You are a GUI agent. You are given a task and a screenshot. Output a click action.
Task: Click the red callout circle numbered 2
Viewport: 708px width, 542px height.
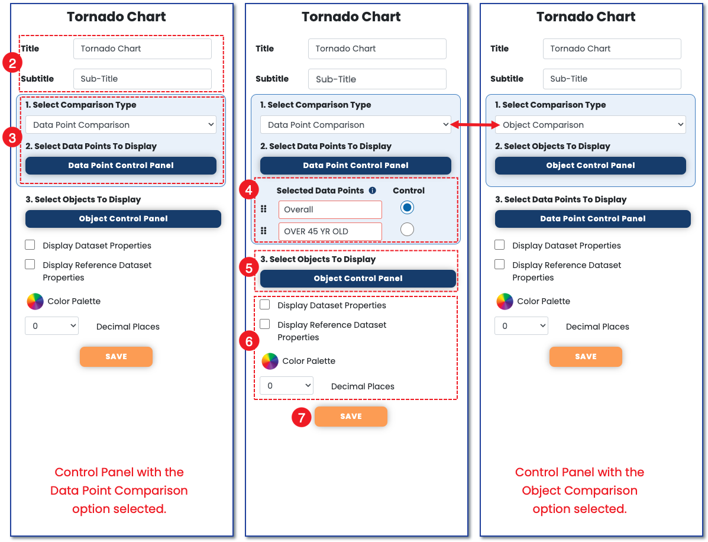point(12,63)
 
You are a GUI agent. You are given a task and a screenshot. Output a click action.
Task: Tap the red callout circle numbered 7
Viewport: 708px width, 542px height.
point(302,417)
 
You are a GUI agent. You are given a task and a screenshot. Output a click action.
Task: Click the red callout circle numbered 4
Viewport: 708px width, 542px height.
point(249,190)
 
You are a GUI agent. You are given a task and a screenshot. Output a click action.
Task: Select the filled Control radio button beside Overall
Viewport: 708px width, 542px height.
point(407,208)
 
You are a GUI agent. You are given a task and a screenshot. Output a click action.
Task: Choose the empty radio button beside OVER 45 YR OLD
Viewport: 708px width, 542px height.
point(407,230)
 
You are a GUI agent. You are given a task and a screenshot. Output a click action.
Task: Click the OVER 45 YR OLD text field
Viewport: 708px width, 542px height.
point(330,231)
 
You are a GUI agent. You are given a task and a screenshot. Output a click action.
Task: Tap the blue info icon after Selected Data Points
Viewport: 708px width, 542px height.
point(373,191)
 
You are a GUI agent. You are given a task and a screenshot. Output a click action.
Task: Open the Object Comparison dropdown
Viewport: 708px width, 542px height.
point(590,125)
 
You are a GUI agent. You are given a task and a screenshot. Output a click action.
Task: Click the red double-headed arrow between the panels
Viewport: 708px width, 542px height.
point(474,125)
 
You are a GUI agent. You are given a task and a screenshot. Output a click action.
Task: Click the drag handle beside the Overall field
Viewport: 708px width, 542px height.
point(264,209)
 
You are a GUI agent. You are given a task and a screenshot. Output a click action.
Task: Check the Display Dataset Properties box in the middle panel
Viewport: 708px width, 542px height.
point(265,305)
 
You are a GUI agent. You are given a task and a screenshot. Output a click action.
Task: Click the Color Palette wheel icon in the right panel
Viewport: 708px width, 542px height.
point(505,301)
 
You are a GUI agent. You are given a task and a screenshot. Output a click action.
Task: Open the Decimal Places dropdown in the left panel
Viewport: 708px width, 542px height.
point(52,326)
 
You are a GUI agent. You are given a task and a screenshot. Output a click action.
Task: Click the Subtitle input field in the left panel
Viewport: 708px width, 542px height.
point(142,79)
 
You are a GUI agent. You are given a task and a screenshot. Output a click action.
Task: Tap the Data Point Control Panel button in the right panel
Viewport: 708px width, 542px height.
point(593,218)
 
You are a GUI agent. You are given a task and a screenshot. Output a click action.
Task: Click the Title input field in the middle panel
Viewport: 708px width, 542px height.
point(377,49)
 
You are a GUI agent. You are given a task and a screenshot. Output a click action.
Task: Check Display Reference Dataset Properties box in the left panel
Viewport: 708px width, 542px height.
point(30,264)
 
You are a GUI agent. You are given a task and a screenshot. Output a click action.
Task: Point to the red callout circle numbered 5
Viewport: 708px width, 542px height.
point(249,268)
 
